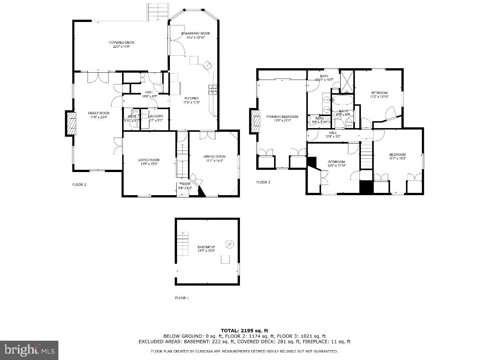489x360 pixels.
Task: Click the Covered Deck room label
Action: pyautogui.click(x=121, y=42)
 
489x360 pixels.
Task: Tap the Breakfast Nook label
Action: pyautogui.click(x=195, y=33)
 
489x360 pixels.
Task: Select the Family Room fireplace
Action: pyautogui.click(x=70, y=124)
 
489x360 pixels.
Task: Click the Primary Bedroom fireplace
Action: pyautogui.click(x=255, y=121)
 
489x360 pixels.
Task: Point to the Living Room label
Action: pyautogui.click(x=149, y=160)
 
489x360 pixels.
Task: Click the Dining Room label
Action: pyautogui.click(x=214, y=157)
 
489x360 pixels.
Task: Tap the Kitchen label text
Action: pyautogui.click(x=191, y=98)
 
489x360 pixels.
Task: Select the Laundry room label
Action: pyautogui.click(x=155, y=116)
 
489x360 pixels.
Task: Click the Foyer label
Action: pyautogui.click(x=185, y=184)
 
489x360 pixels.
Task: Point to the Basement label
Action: pyautogui.click(x=206, y=247)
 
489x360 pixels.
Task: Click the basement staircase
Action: pyautogui.click(x=183, y=244)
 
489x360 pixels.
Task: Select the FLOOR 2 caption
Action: pyautogui.click(x=79, y=185)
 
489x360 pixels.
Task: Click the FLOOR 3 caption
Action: pyautogui.click(x=263, y=182)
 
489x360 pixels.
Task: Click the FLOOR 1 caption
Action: pyautogui.click(x=182, y=298)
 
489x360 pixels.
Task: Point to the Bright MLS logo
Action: pyautogui.click(x=29, y=349)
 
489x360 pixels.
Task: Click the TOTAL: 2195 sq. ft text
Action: pyautogui.click(x=244, y=330)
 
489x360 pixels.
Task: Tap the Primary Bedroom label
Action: pyautogui.click(x=282, y=117)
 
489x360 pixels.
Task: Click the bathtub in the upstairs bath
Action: pyautogui.click(x=342, y=100)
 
